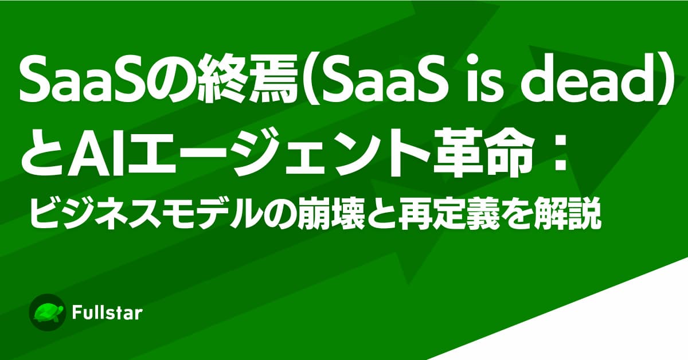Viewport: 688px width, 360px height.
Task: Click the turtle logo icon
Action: [x=47, y=312]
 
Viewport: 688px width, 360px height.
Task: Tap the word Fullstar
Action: [x=107, y=313]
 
